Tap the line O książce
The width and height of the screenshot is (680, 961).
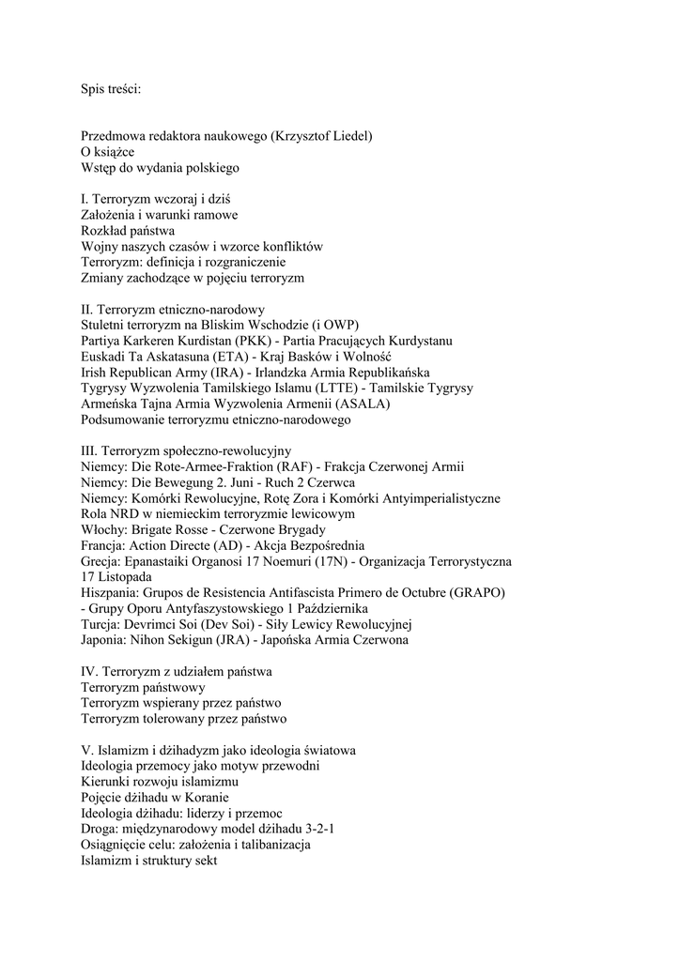[107, 152]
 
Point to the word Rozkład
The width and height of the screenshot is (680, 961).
[102, 231]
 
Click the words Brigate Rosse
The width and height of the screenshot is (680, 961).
[165, 530]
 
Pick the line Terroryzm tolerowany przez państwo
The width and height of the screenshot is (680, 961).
[184, 719]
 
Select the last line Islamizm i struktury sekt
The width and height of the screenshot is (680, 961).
[149, 861]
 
